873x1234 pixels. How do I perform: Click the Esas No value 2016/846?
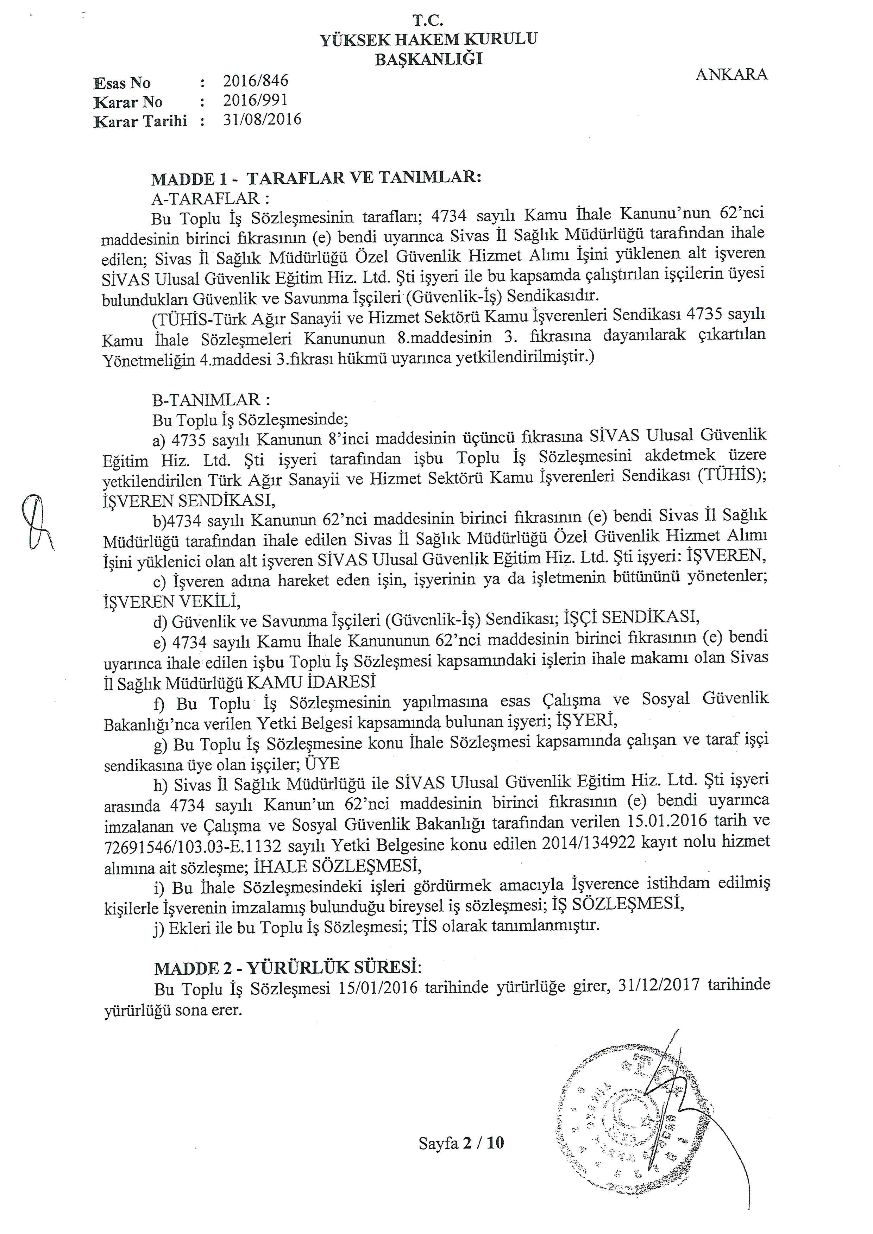tap(256, 81)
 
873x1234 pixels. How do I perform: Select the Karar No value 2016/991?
tap(256, 101)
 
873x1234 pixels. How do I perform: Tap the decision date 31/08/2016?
tap(262, 119)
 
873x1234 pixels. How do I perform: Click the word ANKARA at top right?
tap(731, 75)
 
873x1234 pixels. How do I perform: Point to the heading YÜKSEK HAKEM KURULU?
tap(428, 40)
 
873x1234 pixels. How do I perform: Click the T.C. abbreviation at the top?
tap(428, 20)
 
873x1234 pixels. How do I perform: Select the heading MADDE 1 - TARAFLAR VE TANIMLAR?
tap(316, 178)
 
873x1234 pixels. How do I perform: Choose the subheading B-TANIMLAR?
tap(211, 400)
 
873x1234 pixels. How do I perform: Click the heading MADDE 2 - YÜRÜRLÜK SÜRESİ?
tap(288, 968)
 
